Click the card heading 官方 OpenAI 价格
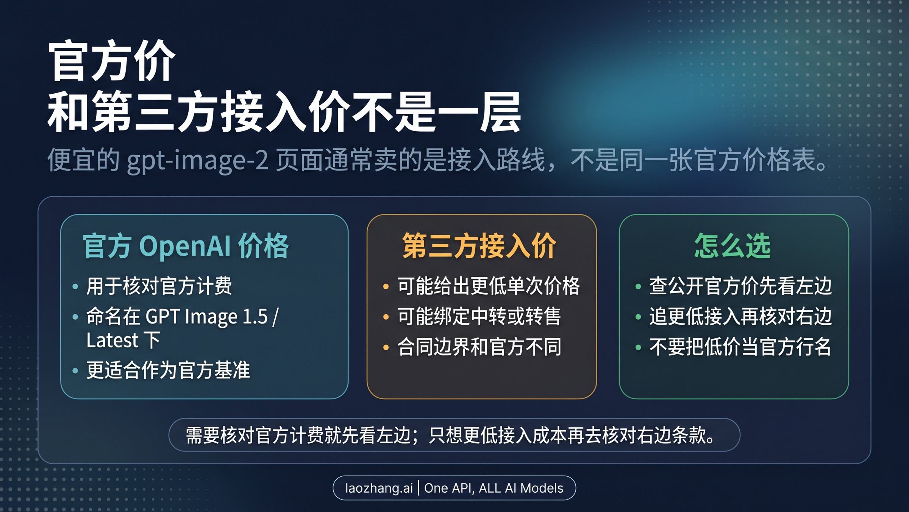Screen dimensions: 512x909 pos(186,247)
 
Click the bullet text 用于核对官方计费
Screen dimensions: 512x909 pos(159,286)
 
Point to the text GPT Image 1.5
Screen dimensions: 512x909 pos(207,317)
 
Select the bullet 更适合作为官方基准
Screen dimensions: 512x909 pos(168,370)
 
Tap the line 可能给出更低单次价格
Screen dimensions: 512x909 pos(488,286)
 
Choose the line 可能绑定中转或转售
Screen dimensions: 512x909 pos(479,317)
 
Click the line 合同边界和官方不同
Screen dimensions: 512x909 pos(479,347)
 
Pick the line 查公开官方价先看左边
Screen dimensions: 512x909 pos(740,286)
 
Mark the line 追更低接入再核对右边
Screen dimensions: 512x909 pos(740,317)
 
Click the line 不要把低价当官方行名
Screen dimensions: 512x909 pos(740,347)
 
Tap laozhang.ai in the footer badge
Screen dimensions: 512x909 pos(379,488)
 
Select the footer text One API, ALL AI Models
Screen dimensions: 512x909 pos(494,488)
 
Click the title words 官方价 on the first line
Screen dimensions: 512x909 pos(111,61)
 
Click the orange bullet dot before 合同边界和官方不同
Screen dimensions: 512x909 pos(386,347)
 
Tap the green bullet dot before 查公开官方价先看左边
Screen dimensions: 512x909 pos(638,286)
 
